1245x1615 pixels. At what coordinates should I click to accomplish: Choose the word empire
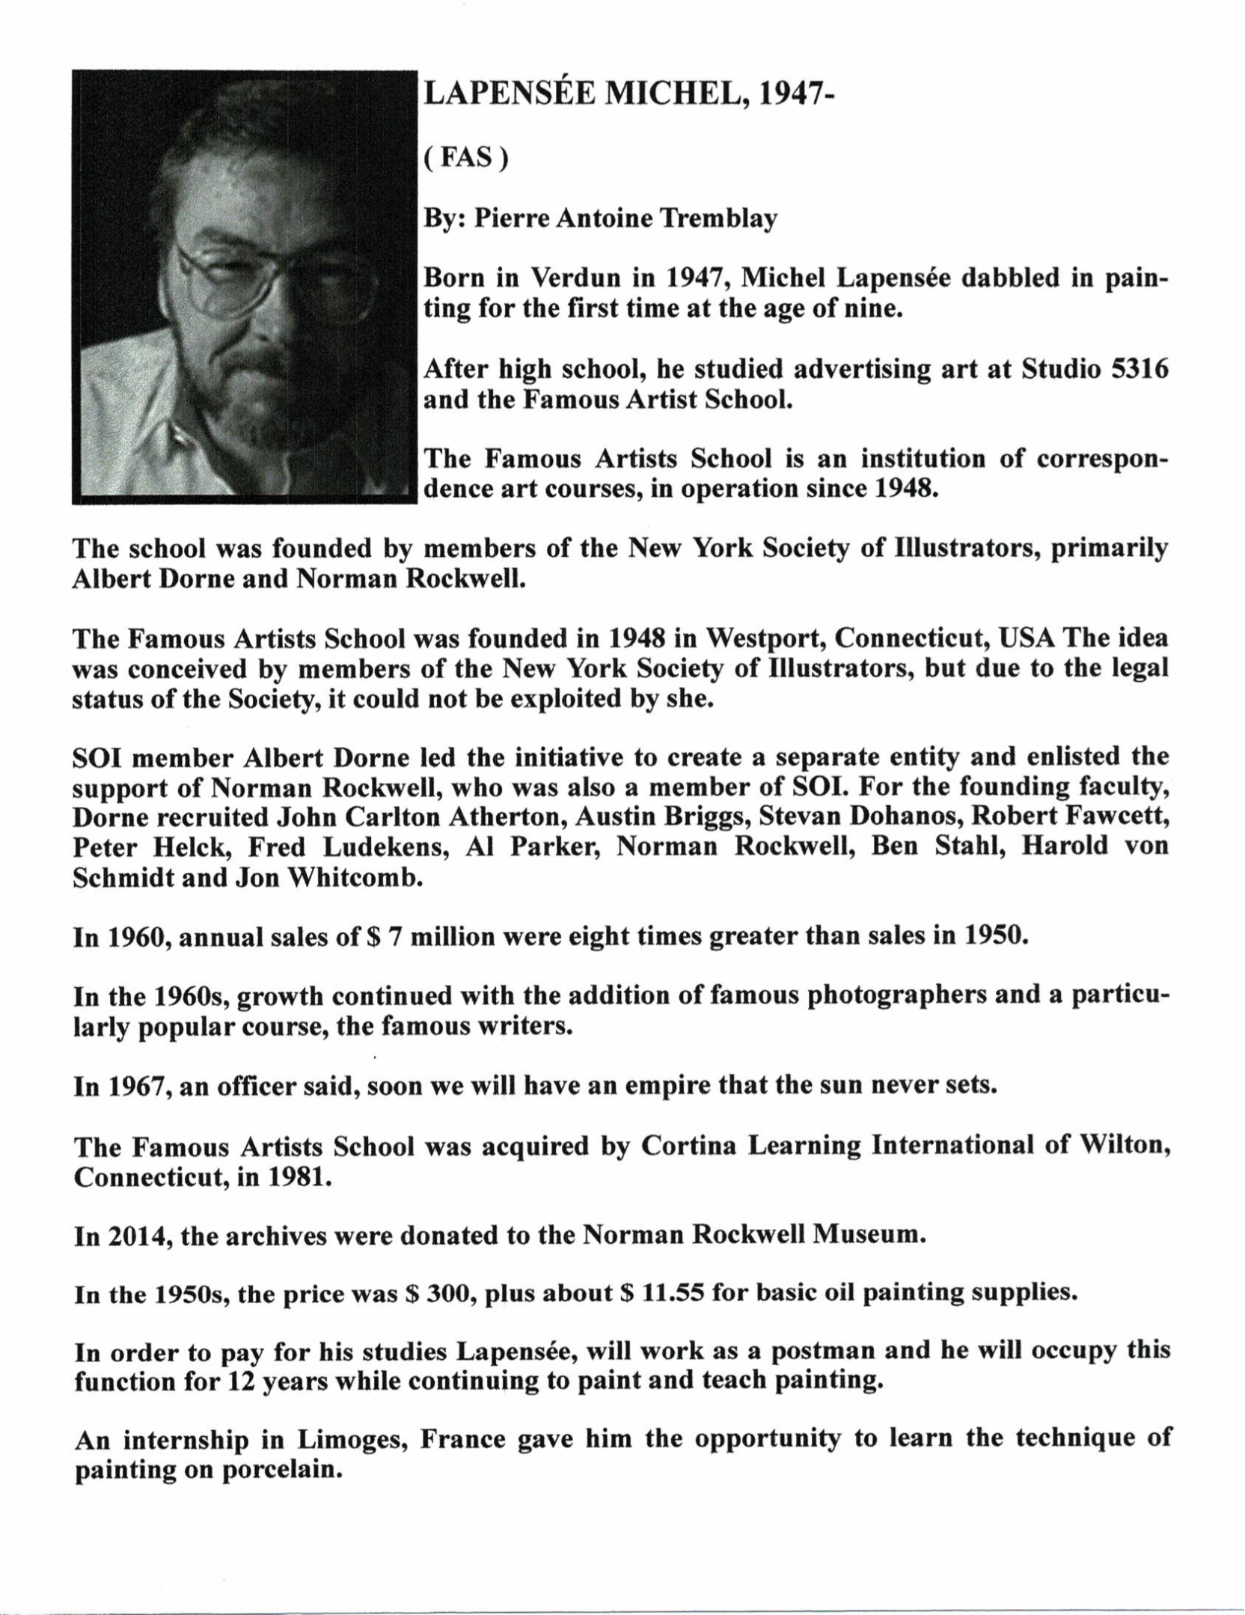[x=667, y=1086]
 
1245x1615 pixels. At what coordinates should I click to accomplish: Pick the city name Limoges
[x=349, y=1441]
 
